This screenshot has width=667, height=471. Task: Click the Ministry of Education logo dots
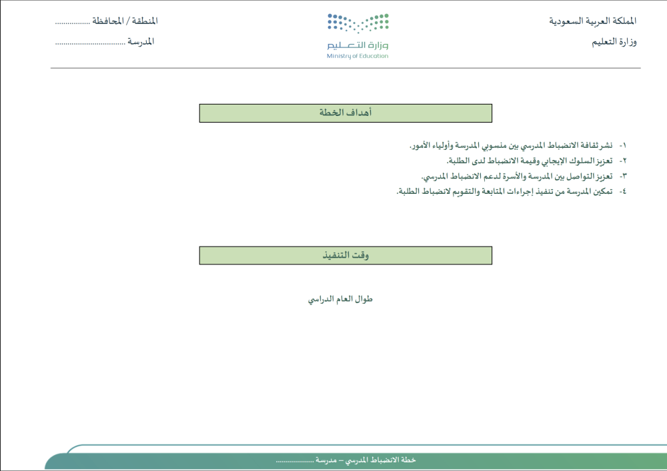click(x=358, y=23)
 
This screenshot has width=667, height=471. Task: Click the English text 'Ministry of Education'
click(x=358, y=56)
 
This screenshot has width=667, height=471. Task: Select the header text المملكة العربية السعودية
click(x=592, y=21)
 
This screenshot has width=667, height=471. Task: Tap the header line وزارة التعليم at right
click(x=614, y=41)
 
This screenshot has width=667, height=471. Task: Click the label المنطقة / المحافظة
click(x=125, y=21)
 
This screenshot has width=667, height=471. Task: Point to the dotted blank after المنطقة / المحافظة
click(x=72, y=23)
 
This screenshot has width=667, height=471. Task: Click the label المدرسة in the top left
click(x=141, y=41)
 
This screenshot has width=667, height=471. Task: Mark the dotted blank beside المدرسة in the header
click(x=90, y=43)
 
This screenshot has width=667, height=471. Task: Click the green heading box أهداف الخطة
click(x=346, y=113)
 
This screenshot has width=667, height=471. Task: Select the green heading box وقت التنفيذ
click(x=346, y=255)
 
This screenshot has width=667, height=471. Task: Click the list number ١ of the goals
click(x=623, y=146)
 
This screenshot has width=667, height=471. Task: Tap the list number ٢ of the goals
click(x=623, y=161)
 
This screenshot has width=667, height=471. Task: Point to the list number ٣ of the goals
click(x=623, y=177)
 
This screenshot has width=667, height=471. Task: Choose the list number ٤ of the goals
click(x=623, y=192)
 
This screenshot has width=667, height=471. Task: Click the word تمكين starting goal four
click(x=602, y=192)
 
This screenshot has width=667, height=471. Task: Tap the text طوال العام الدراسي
click(x=340, y=299)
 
